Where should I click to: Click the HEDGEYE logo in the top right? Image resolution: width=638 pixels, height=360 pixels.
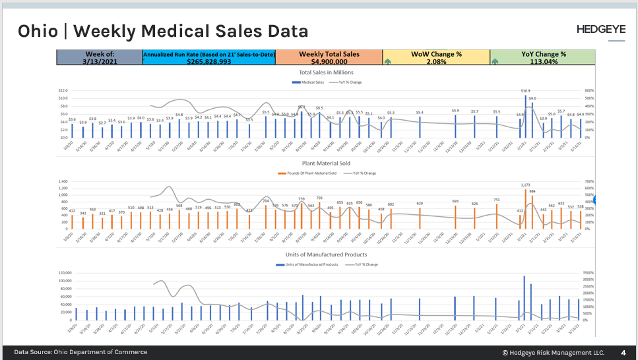point(600,30)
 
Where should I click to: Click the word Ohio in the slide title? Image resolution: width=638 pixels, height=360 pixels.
point(41,31)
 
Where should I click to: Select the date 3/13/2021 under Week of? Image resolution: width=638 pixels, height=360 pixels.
point(100,61)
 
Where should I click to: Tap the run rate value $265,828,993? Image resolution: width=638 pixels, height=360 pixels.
point(208,61)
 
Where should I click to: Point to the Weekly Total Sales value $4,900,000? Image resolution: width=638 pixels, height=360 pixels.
point(329,61)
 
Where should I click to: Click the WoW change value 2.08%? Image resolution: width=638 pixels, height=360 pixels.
point(435,61)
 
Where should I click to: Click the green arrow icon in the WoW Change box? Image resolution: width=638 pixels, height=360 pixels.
point(388,61)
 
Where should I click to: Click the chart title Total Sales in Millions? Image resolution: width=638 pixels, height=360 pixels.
point(325,72)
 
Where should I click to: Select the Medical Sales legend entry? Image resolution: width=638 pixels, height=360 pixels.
point(313,82)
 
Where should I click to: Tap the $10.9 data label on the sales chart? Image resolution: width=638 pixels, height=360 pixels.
point(525,90)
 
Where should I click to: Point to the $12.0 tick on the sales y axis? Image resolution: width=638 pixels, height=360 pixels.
point(63,90)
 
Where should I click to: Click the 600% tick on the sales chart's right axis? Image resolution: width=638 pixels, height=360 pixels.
point(589,90)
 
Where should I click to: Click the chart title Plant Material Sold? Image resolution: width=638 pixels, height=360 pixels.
point(325,163)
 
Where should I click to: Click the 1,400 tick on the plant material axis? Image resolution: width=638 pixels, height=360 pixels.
point(62,181)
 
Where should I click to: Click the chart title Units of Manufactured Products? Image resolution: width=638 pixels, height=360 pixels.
point(325,254)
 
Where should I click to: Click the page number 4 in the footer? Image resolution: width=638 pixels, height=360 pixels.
point(623,352)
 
